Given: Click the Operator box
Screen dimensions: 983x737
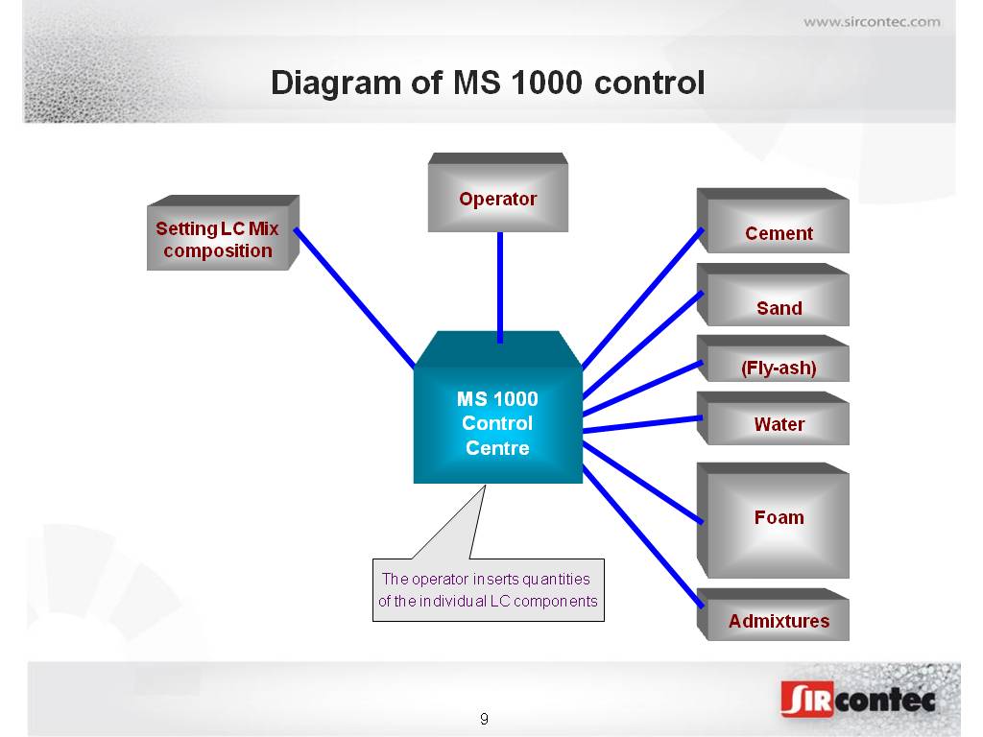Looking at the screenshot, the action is (x=498, y=192).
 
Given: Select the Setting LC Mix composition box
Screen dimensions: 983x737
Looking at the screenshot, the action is (x=223, y=232).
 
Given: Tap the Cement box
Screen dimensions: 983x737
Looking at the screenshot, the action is (x=773, y=221).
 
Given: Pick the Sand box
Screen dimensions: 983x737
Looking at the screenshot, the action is (x=773, y=295).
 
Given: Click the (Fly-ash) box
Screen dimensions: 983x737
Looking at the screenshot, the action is (x=773, y=359).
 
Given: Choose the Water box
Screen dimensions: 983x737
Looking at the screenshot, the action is (x=773, y=418).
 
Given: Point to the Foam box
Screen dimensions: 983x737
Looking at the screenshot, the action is (x=773, y=520).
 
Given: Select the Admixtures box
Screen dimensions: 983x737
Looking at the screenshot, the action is (x=773, y=614).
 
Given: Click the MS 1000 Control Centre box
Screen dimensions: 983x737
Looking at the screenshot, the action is (x=498, y=407).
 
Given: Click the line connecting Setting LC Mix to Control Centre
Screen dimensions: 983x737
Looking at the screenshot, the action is (x=355, y=297).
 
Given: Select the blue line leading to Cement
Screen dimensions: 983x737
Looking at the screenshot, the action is (x=642, y=297).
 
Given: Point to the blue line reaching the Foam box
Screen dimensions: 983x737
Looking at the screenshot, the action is (x=642, y=483).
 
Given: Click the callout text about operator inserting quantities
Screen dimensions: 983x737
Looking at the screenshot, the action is (x=488, y=590).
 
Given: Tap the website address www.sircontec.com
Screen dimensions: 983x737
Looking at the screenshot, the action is (x=872, y=22).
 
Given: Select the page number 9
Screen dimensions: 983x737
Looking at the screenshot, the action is (x=484, y=719).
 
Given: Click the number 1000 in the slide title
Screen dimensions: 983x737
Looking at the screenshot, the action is (x=546, y=83).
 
